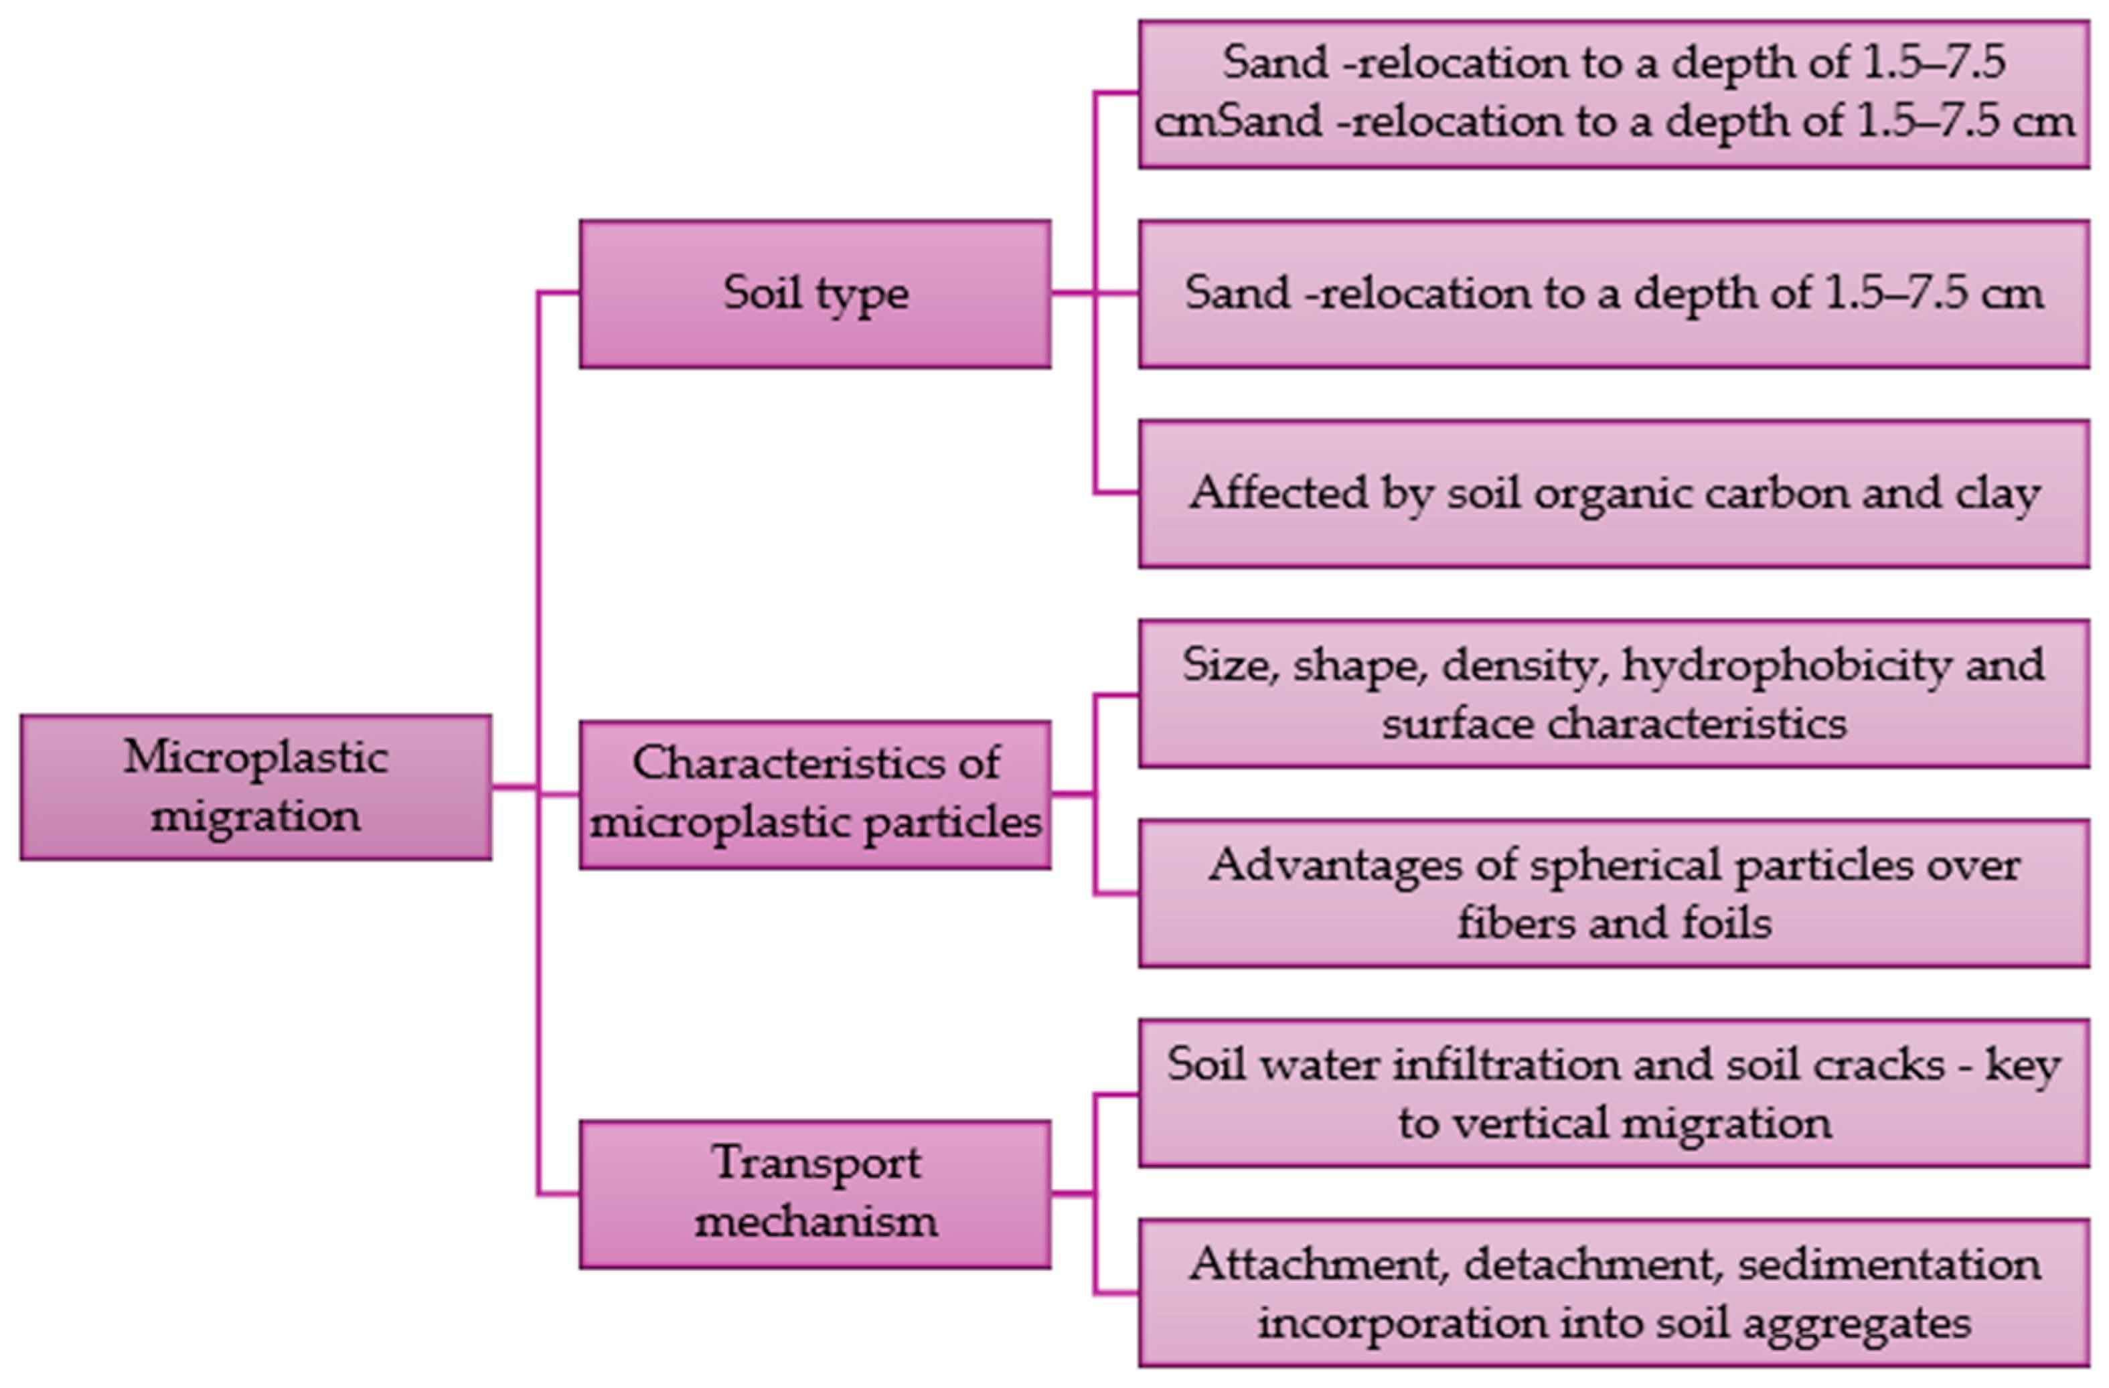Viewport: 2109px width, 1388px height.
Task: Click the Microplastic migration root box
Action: [255, 787]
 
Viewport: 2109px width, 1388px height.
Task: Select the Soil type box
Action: [815, 293]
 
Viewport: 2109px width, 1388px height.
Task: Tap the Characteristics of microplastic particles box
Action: [815, 794]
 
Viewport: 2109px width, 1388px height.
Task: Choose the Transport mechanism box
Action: [815, 1194]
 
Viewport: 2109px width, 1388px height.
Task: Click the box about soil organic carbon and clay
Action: [1614, 493]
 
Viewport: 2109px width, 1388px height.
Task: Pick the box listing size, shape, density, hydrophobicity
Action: [1614, 694]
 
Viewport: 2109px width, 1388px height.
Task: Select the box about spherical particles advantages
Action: [1614, 893]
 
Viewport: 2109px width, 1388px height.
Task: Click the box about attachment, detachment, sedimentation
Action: [1614, 1293]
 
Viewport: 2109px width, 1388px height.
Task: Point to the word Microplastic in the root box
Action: [255, 757]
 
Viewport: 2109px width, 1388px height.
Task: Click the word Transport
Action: [816, 1164]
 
